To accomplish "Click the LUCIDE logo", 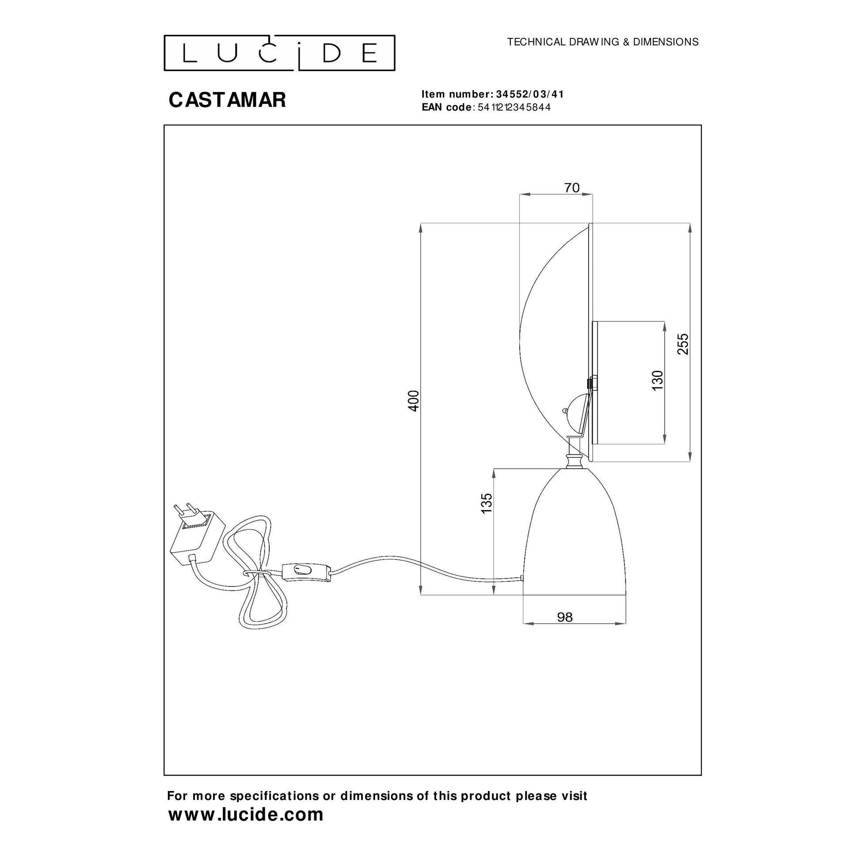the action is pos(279,53).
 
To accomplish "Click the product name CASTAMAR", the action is pos(227,100).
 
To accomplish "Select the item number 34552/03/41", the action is pos(530,95).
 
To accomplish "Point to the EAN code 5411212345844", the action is pos(514,107).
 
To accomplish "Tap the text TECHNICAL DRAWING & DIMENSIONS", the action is pos(603,42).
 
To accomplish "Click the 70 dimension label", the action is pos(572,188).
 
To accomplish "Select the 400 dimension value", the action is pos(414,401).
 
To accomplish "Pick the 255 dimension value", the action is pos(683,344).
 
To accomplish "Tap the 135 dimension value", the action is pos(487,503).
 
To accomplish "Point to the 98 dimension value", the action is pos(565,617).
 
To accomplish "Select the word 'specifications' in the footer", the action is pos(274,796).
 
